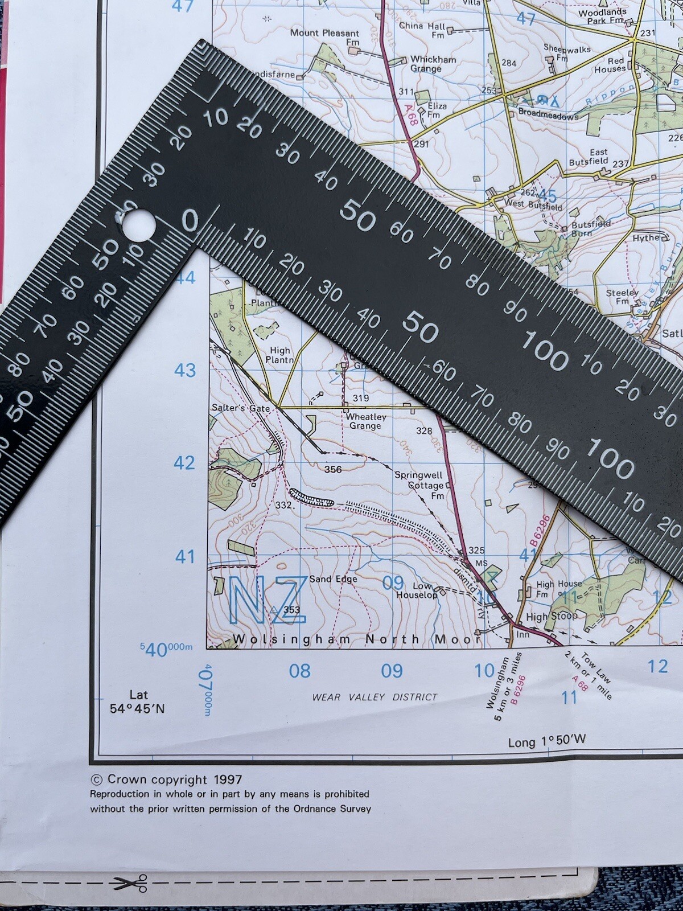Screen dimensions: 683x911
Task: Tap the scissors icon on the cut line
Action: [130, 883]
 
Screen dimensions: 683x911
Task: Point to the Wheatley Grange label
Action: [365, 421]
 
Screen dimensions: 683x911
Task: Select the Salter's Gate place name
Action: [240, 408]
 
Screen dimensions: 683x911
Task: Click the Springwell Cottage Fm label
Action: [421, 485]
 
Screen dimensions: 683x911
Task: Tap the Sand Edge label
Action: [334, 579]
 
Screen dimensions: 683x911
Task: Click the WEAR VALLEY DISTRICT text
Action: [375, 697]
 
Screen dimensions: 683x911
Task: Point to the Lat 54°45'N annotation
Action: [138, 701]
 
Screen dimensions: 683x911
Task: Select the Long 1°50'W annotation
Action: [546, 741]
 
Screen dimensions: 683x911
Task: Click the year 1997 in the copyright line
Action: [228, 779]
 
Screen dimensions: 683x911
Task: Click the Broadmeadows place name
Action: [548, 114]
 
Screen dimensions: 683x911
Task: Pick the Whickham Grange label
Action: [434, 64]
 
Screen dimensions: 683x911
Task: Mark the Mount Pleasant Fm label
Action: [326, 38]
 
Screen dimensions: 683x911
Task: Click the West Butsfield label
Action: [533, 204]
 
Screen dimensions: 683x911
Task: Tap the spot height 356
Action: [333, 469]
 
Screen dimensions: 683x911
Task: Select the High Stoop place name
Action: [551, 616]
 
